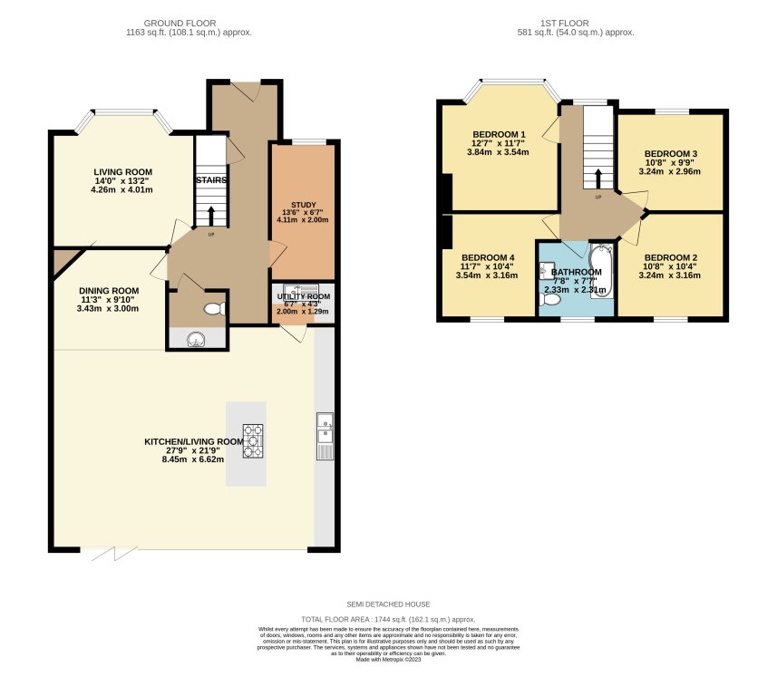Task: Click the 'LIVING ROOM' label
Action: (123, 171)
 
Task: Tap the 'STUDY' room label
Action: (304, 204)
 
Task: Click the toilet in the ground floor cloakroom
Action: (213, 310)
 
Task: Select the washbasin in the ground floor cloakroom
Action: (196, 340)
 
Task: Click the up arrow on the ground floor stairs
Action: (212, 215)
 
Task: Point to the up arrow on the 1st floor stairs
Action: (597, 177)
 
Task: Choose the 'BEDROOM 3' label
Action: (671, 153)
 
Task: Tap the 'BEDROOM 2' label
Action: (671, 258)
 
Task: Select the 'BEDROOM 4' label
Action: (487, 257)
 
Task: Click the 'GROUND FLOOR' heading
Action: (189, 22)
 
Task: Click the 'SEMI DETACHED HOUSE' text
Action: (388, 604)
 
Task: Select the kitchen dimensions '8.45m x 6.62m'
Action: (192, 459)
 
